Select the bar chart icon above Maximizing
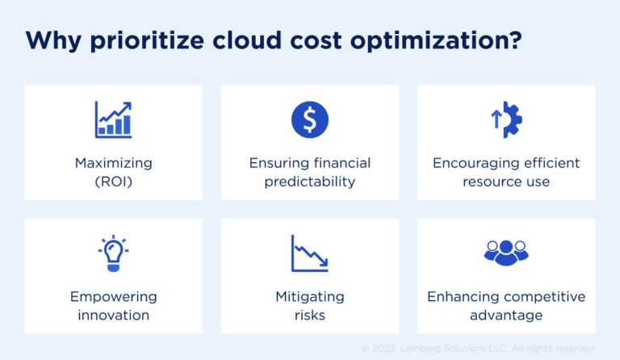tap(113, 119)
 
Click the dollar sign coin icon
tap(309, 119)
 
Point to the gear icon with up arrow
tap(506, 119)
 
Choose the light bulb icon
tap(113, 253)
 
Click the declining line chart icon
tap(309, 253)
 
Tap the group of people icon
tap(506, 252)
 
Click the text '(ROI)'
tap(113, 182)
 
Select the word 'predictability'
tap(310, 182)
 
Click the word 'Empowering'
tap(113, 296)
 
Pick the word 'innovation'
tap(113, 315)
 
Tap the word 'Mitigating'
tap(309, 296)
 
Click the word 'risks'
tap(309, 315)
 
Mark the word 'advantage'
tap(506, 315)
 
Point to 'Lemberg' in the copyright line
tap(423, 348)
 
